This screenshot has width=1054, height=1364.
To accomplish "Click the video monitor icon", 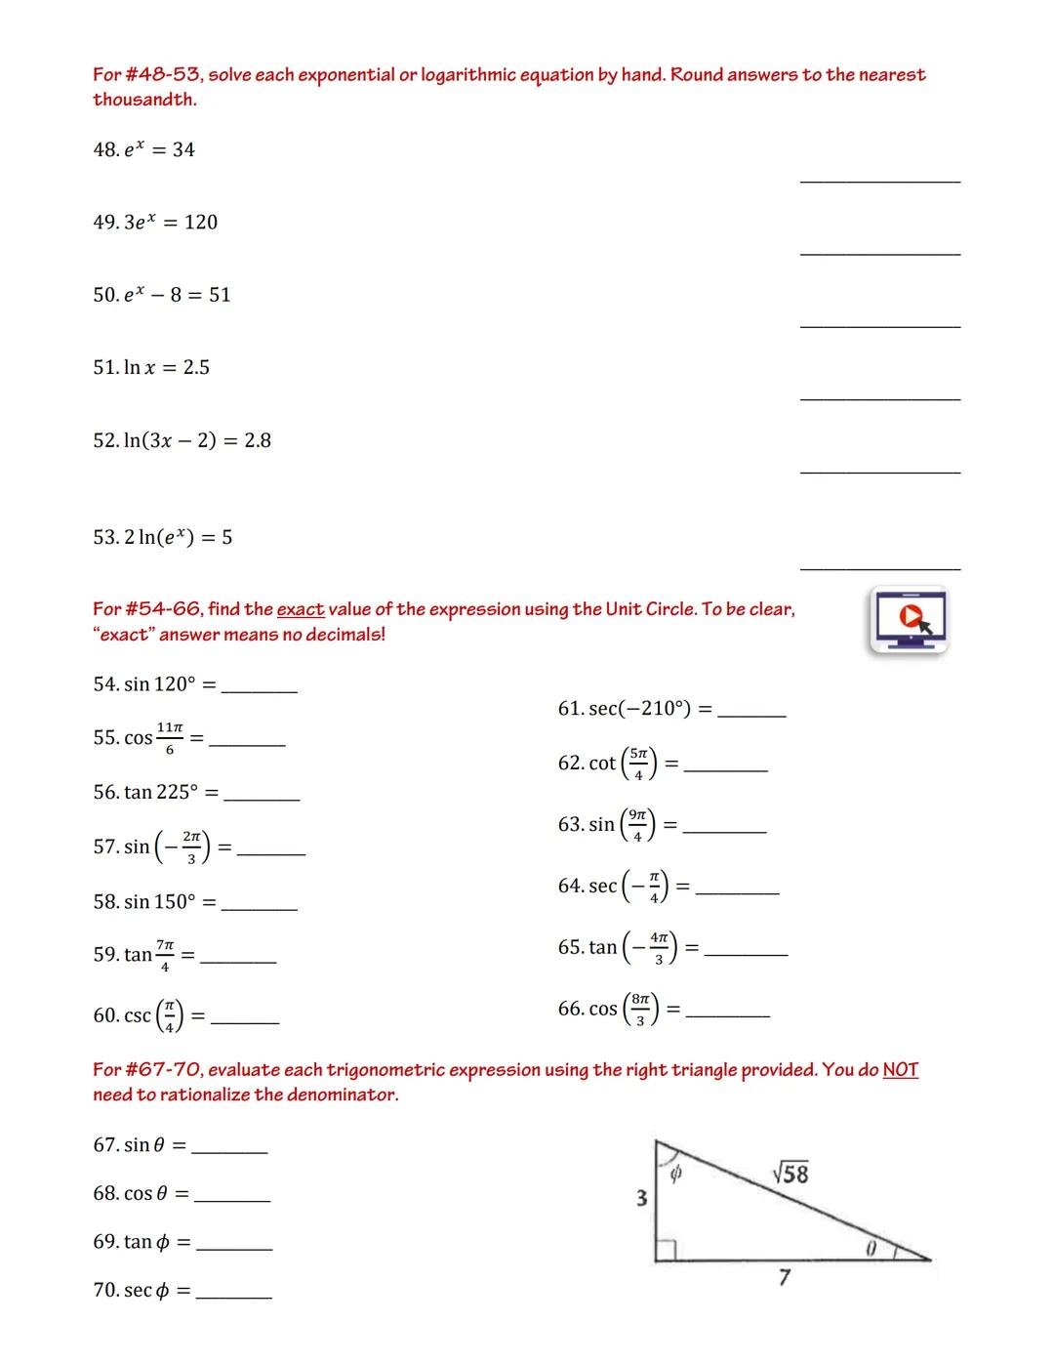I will (x=908, y=619).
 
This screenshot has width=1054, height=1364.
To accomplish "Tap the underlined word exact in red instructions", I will (x=301, y=609).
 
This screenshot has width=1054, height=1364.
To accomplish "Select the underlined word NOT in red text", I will (x=900, y=1069).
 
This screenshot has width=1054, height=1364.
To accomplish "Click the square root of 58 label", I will (x=790, y=1174).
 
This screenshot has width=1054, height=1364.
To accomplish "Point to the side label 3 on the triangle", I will (x=641, y=1198).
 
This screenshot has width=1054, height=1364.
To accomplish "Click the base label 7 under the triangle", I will (x=784, y=1277).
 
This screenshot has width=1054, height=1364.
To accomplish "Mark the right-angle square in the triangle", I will (x=667, y=1250).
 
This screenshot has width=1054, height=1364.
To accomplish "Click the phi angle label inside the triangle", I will (x=674, y=1175).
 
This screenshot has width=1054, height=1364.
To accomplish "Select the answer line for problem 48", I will (x=879, y=181).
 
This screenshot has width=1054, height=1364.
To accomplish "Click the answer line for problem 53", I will (x=879, y=568).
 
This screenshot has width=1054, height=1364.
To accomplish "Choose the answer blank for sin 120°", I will (x=260, y=691).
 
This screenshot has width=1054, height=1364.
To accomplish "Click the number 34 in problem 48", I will (x=183, y=150).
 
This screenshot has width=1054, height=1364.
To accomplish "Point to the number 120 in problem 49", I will (x=201, y=223).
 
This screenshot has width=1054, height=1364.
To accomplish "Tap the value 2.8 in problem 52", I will (x=258, y=441).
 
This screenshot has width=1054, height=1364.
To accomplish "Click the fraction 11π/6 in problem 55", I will (x=169, y=738).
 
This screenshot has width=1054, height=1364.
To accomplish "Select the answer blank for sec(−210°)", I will (x=751, y=716).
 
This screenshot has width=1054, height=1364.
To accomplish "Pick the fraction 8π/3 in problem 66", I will (x=640, y=1010).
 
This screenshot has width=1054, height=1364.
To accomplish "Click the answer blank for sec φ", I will (x=234, y=1298).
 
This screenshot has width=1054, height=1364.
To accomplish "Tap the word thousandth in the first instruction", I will (x=144, y=100).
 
